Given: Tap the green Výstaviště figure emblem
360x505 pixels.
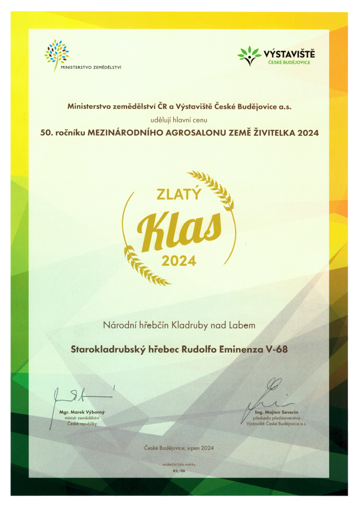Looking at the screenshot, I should pyautogui.click(x=249, y=56).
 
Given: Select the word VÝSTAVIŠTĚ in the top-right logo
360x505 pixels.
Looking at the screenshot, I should pyautogui.click(x=289, y=53).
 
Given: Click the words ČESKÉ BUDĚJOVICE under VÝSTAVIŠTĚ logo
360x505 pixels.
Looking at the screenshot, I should pyautogui.click(x=289, y=62).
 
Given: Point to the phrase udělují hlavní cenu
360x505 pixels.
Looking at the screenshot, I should pyautogui.click(x=179, y=118).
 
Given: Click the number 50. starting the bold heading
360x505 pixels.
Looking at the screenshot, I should pyautogui.click(x=46, y=133).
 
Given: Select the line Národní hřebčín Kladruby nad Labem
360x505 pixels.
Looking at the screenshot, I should pyautogui.click(x=179, y=326).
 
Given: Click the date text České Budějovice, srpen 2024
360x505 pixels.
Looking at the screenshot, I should pyautogui.click(x=179, y=448).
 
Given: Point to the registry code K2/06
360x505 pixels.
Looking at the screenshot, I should pyautogui.click(x=179, y=471).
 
